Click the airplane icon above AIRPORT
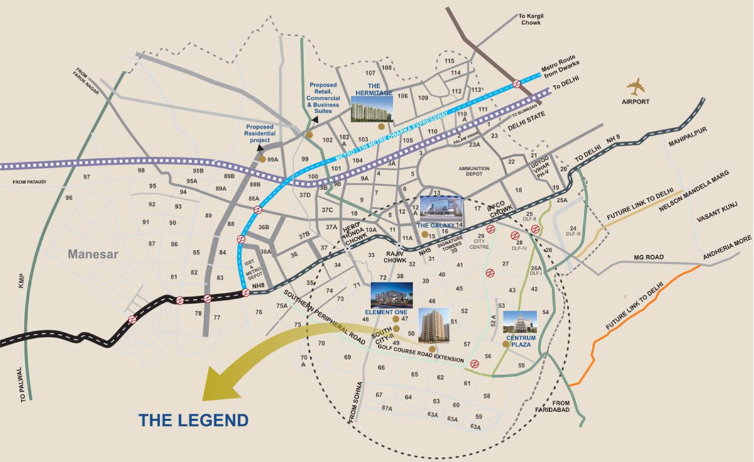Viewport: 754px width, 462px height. tap(636, 85)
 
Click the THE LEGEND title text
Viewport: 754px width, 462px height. tap(194, 420)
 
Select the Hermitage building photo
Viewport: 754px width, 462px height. tap(371, 109)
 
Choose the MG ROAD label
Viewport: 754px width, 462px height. tap(648, 257)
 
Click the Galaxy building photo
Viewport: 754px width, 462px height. tap(440, 208)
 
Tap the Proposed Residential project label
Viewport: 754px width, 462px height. tap(259, 133)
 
